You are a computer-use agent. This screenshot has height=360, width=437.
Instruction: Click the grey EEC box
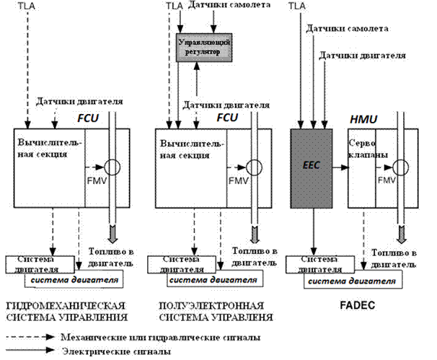pyautogui.click(x=311, y=165)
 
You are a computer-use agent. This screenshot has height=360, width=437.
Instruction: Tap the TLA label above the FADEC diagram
pyautogui.click(x=296, y=6)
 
